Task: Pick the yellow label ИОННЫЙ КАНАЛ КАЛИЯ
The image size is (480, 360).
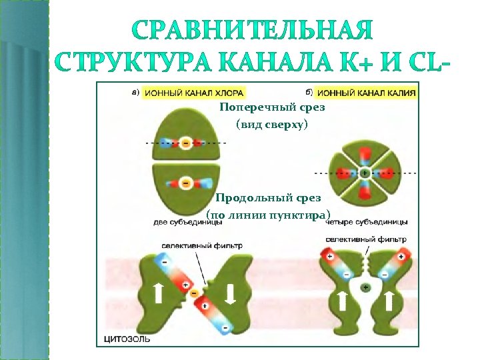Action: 367,93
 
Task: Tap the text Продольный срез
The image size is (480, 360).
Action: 268,198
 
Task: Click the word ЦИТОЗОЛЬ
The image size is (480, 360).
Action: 127,339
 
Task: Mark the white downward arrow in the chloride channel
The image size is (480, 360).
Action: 229,294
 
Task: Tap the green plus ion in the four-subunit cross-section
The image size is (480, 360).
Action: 364,173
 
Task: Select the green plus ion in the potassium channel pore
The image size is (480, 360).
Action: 365,287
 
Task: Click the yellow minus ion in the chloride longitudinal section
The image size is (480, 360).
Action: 194,292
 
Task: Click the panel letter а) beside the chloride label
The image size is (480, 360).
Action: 135,92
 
